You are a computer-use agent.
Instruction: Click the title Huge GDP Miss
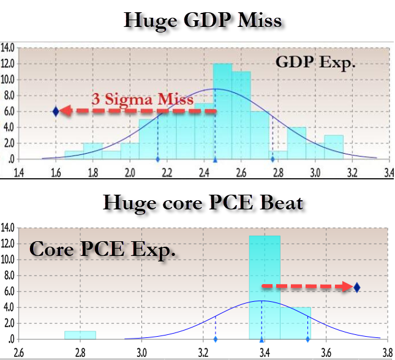point(203,20)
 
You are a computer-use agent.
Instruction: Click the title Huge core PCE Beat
point(203,201)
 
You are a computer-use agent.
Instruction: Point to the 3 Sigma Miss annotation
point(143,98)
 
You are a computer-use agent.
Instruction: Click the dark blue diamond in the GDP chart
point(56,111)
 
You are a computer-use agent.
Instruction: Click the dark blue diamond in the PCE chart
point(357,287)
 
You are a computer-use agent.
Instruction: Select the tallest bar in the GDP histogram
point(222,110)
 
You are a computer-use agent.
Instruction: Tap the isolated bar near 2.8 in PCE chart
point(80,335)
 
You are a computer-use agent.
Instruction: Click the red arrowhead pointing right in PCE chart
point(346,287)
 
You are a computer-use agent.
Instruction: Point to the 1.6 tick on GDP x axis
point(56,173)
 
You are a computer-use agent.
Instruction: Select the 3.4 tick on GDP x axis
point(388,173)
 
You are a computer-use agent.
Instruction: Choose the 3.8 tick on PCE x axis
point(387,353)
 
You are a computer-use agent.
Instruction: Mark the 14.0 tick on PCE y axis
point(9,228)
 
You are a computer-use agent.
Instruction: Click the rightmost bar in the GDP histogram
point(333,147)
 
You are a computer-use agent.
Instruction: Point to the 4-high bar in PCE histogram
point(295,323)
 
